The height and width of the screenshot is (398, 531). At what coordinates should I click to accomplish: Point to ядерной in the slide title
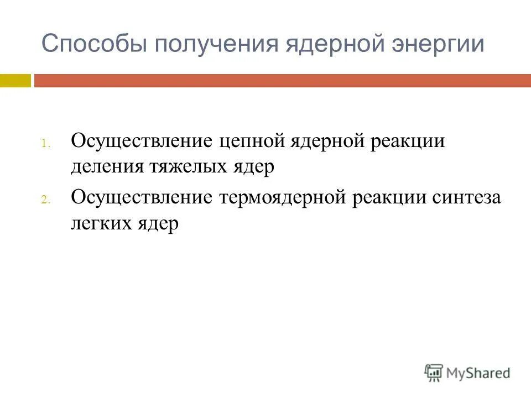pyautogui.click(x=331, y=44)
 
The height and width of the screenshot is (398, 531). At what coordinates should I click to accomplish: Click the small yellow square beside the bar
pyautogui.click(x=15, y=81)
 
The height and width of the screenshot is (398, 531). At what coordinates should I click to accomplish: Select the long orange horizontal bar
pyautogui.click(x=282, y=81)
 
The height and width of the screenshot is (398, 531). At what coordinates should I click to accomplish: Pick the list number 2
pyautogui.click(x=46, y=201)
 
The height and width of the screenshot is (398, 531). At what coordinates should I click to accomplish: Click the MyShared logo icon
pyautogui.click(x=434, y=373)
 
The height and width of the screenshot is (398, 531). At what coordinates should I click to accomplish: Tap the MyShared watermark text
pyautogui.click(x=479, y=373)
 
